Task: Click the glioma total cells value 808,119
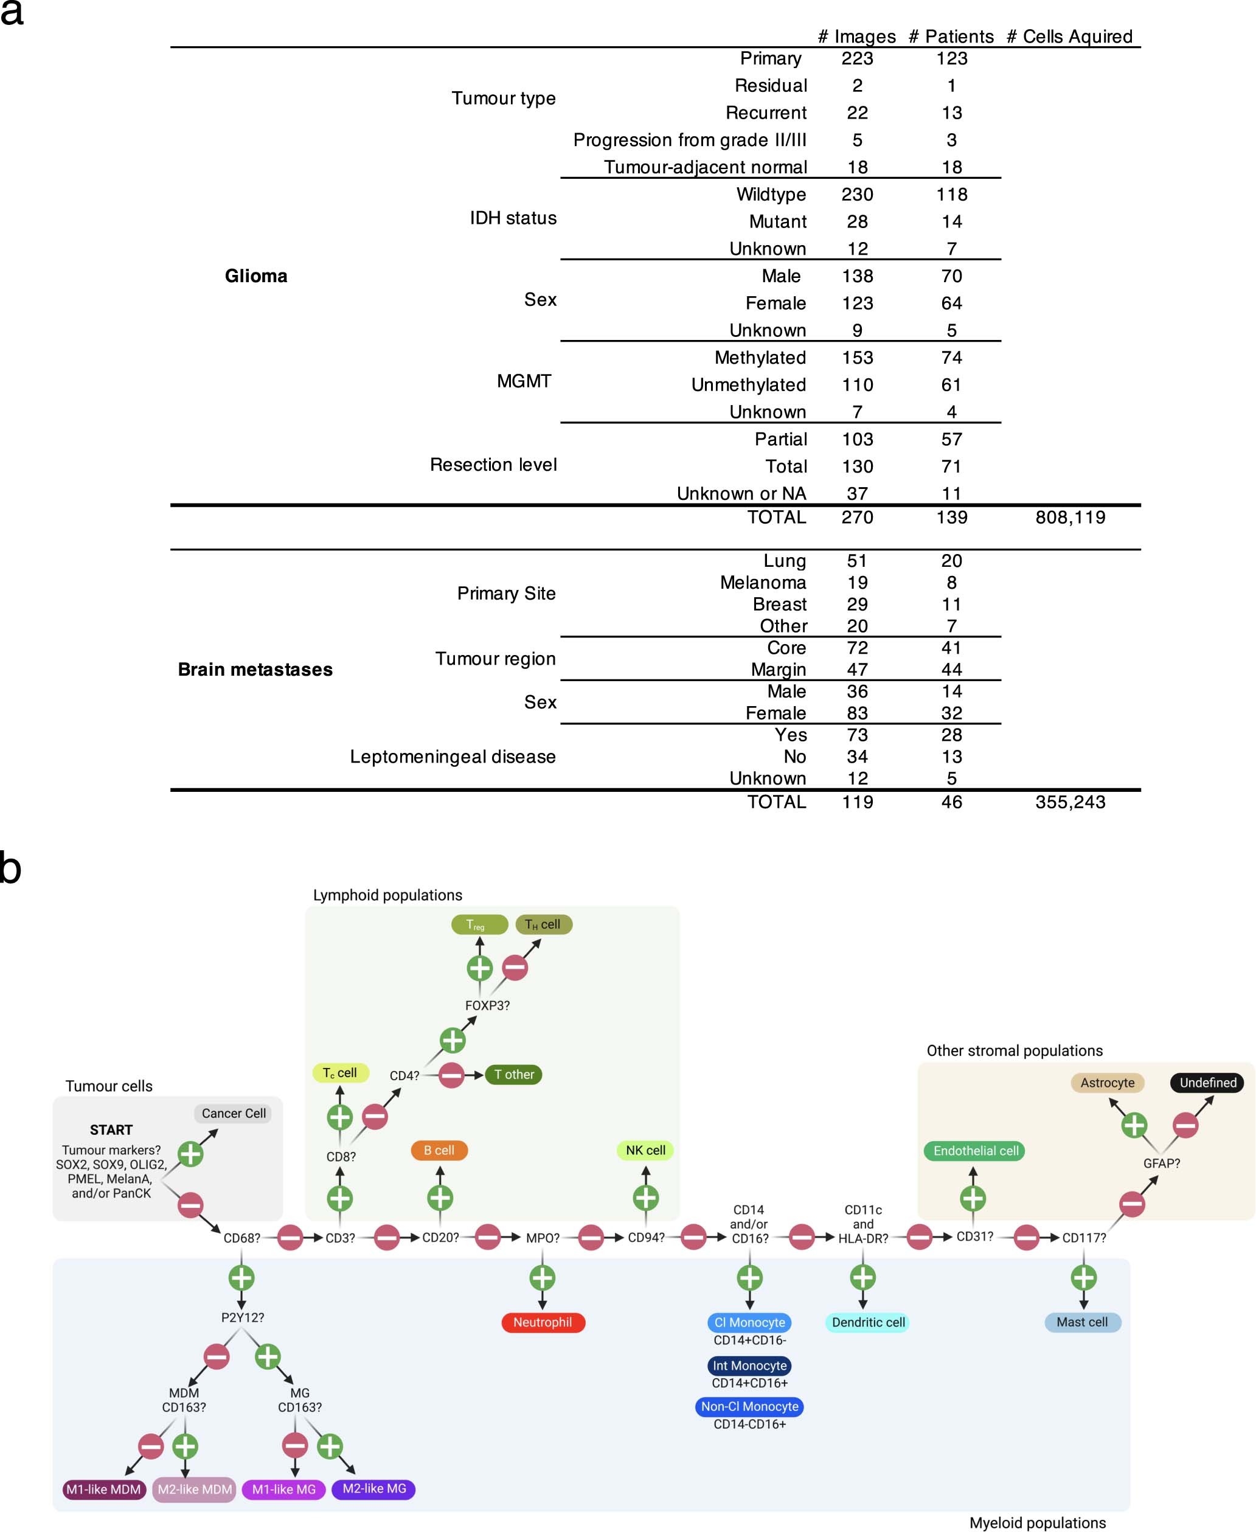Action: tap(1069, 517)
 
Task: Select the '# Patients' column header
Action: tap(951, 36)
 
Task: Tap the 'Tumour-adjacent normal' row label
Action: tap(705, 167)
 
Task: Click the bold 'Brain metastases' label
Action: tap(255, 669)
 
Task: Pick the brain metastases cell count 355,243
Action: tap(1069, 802)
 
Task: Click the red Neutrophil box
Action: tap(543, 1322)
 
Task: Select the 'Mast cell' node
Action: tap(1083, 1322)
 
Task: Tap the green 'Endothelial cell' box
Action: tap(974, 1151)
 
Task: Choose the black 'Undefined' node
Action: tap(1207, 1083)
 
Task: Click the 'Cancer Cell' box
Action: tap(233, 1113)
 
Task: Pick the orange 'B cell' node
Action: tap(439, 1150)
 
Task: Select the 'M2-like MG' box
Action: tap(373, 1489)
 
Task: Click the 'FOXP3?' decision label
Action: tap(487, 1005)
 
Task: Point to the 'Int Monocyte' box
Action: tap(749, 1365)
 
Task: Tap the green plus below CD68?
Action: tap(241, 1278)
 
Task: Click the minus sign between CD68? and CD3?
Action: tap(290, 1238)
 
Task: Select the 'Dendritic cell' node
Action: tap(867, 1322)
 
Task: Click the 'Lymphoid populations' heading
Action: tap(387, 895)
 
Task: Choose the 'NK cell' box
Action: tap(645, 1150)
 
